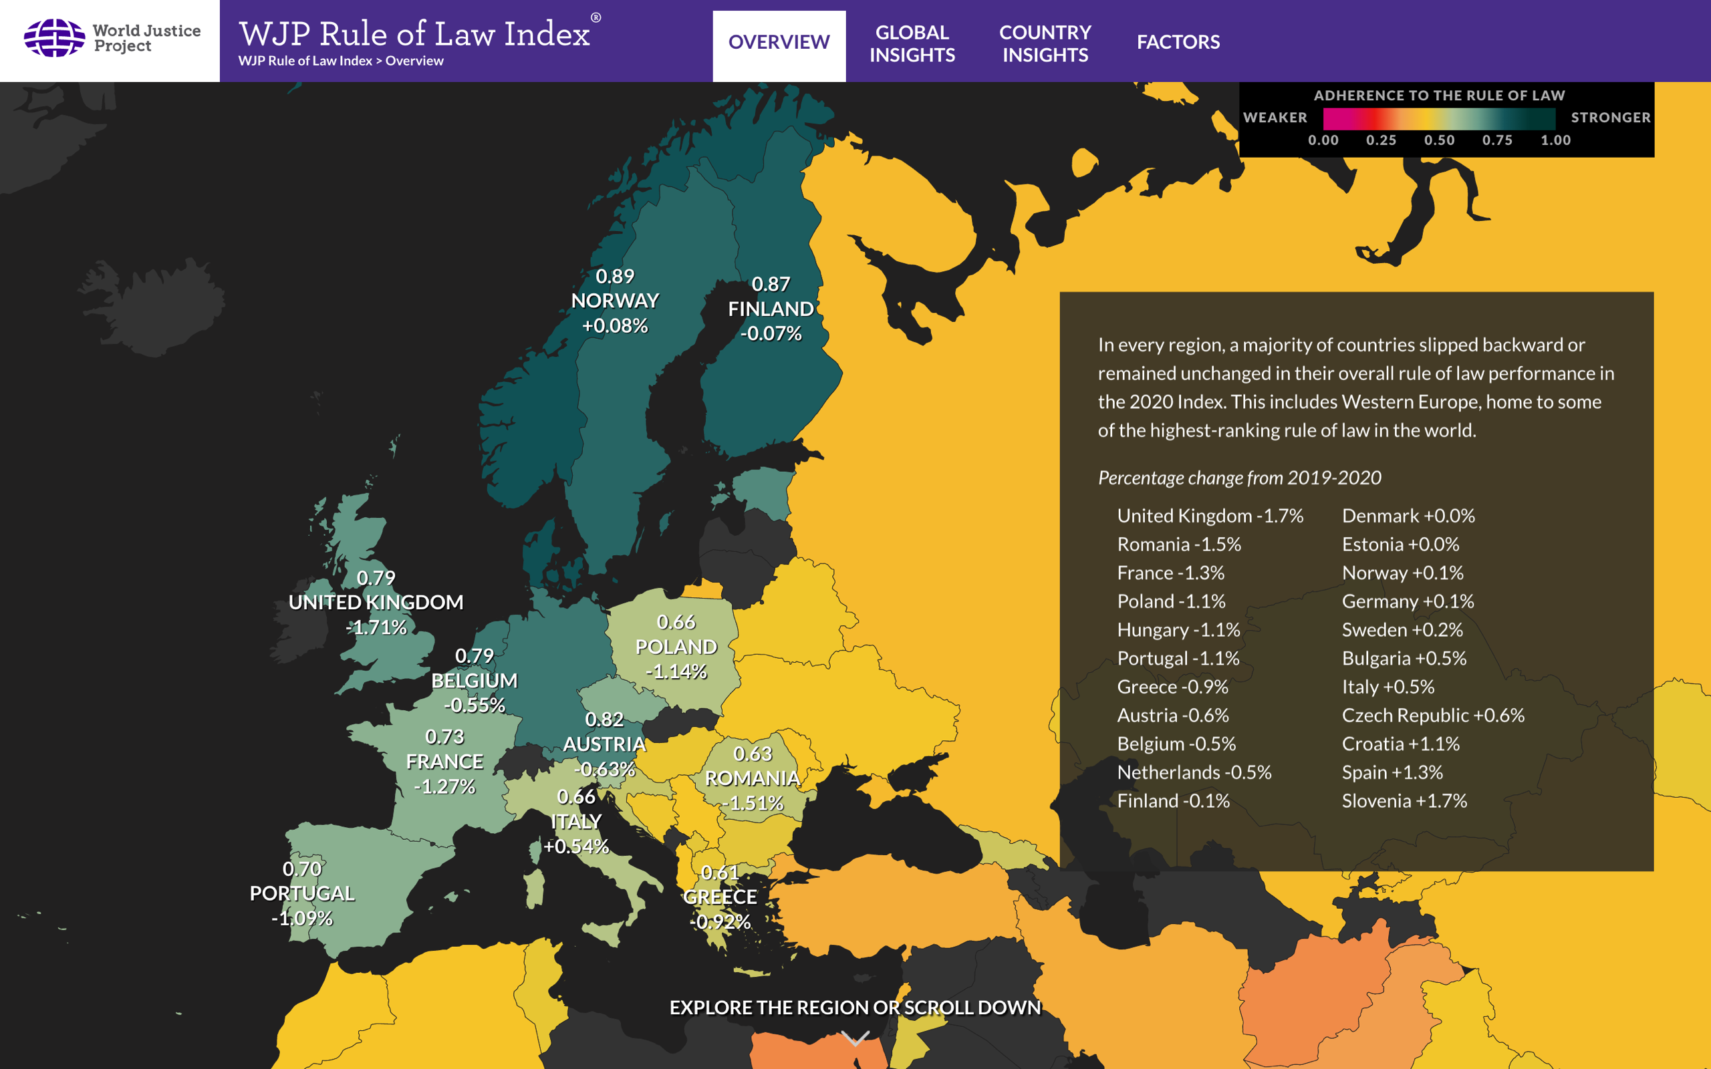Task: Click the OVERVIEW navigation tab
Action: coord(779,42)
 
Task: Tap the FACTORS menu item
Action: coord(1178,42)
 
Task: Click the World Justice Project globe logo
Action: coord(54,38)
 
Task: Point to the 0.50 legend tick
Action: coord(1439,140)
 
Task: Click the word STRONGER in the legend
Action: coord(1610,118)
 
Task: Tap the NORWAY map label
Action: coord(614,301)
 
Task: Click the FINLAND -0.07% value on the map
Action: coord(771,333)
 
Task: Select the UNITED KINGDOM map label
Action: coord(376,603)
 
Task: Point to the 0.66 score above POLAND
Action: coord(676,622)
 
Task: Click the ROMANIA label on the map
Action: coord(753,778)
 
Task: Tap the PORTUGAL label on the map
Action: coord(302,894)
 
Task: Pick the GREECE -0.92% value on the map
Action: coord(720,922)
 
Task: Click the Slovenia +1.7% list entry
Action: coord(1404,801)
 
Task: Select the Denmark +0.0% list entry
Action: coord(1408,516)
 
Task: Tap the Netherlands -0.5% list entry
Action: coord(1194,773)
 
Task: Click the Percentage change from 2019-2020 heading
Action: coord(1238,478)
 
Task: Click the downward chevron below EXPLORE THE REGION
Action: coord(855,1038)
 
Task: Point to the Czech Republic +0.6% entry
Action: coord(1432,716)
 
